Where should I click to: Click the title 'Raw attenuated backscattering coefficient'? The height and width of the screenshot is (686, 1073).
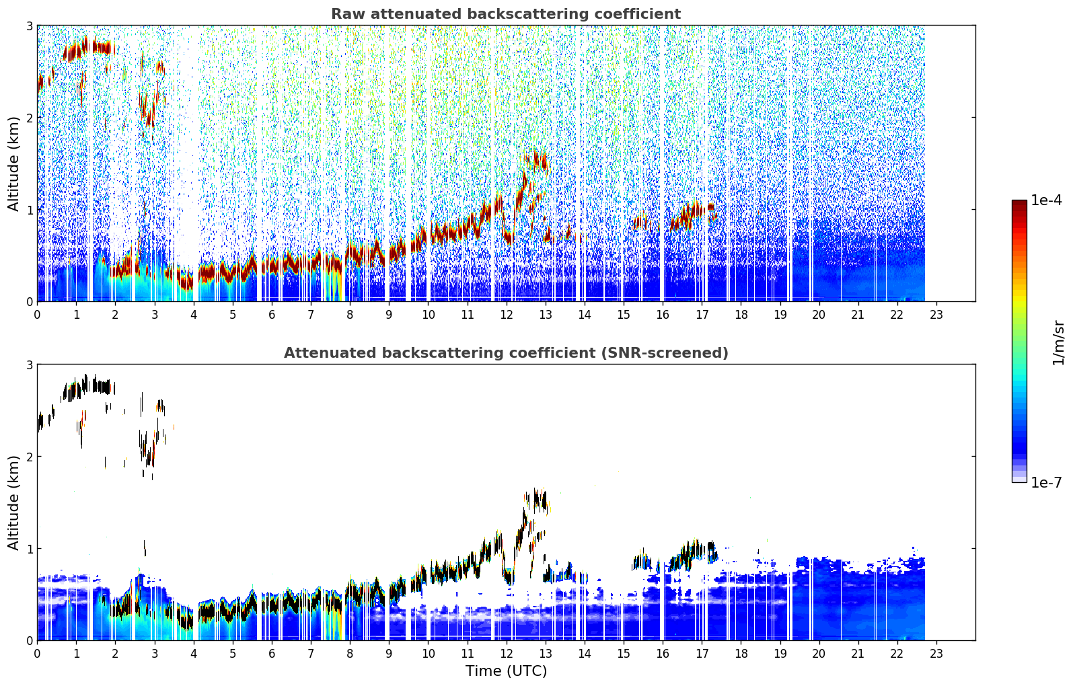[x=506, y=14]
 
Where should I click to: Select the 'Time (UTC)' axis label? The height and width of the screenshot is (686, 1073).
[x=506, y=671]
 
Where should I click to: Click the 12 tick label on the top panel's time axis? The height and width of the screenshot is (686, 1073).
[x=507, y=315]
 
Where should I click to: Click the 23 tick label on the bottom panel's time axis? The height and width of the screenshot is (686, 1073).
[x=936, y=654]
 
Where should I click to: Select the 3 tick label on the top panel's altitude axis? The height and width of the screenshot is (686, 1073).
[x=29, y=26]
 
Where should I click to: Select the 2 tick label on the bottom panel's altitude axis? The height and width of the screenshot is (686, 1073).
[x=29, y=457]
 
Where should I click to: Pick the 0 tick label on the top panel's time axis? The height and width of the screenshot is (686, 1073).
[x=38, y=315]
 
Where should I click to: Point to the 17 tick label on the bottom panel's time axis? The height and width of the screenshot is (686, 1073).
[x=702, y=654]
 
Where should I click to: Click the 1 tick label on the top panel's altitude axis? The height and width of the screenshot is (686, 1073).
[x=29, y=210]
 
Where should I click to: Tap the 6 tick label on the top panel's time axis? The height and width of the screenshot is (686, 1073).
[x=272, y=315]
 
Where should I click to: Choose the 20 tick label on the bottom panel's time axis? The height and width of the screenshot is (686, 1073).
[x=819, y=654]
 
